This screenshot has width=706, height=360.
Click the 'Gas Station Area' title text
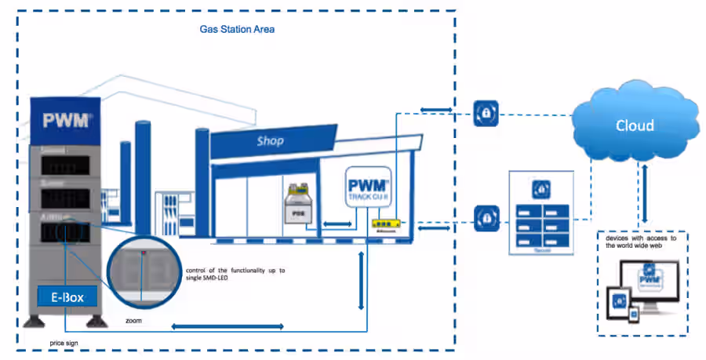(236, 29)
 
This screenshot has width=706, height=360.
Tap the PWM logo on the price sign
(67, 121)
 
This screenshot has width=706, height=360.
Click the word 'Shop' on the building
(270, 141)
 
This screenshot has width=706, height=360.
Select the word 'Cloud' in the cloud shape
(635, 125)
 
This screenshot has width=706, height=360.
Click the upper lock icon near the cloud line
(486, 114)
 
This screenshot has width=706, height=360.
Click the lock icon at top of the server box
(540, 188)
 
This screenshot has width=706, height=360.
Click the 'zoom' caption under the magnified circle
(135, 322)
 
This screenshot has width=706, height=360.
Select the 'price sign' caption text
(63, 344)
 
